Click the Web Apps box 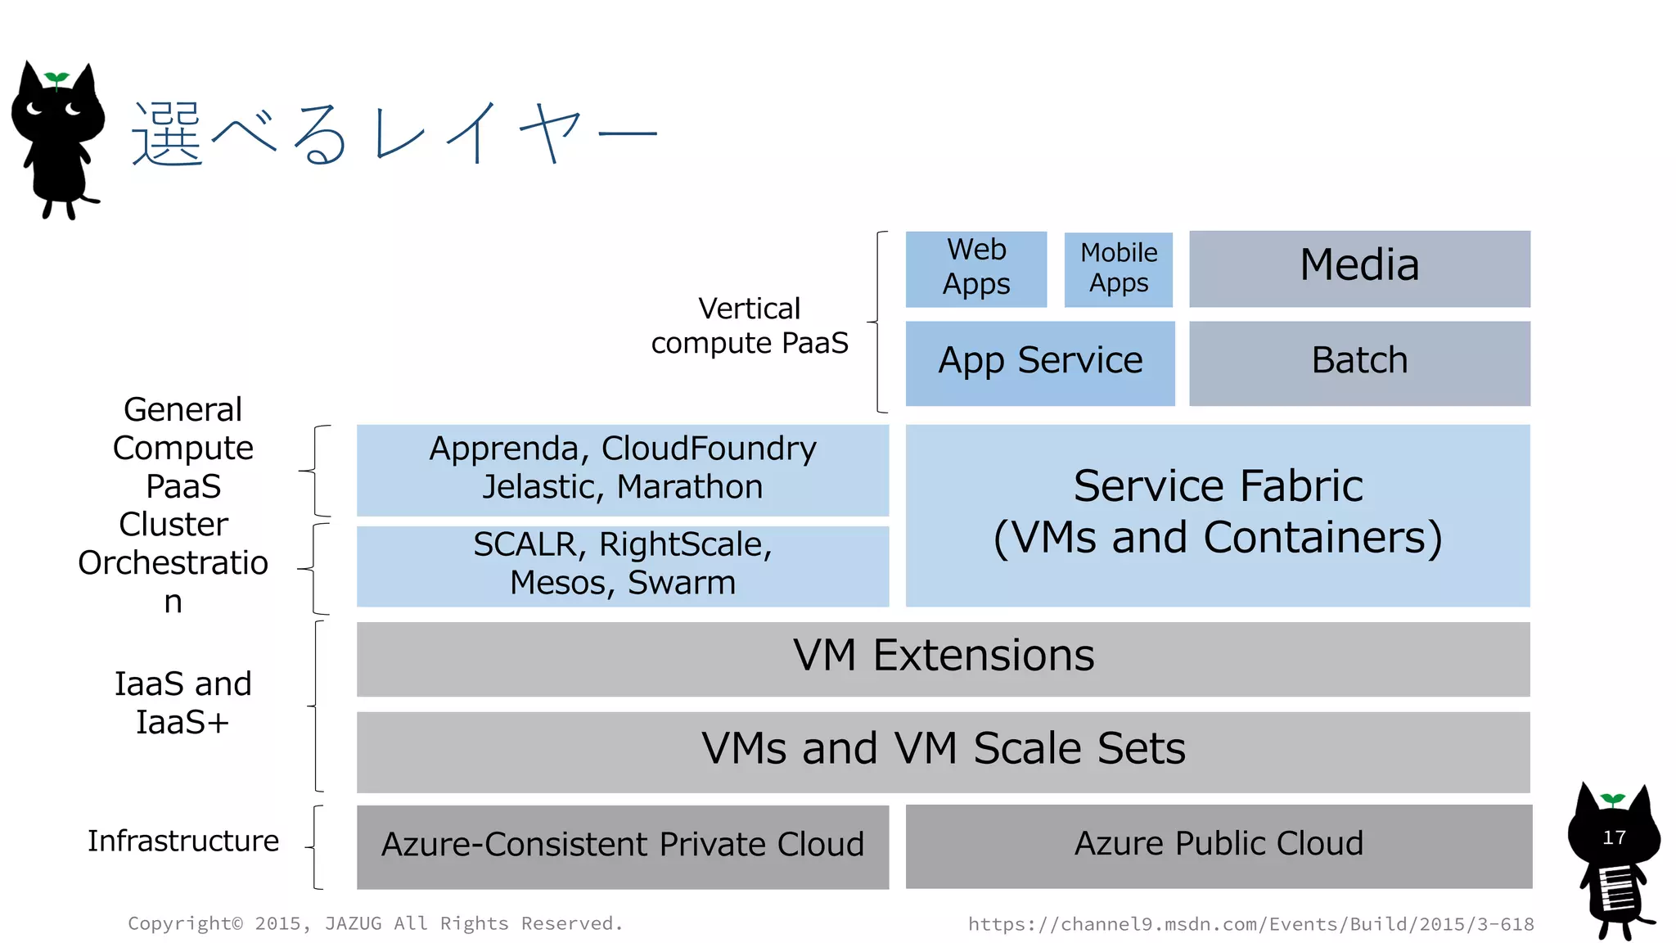[x=975, y=268]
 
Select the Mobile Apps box [x=1118, y=269]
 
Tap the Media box [x=1358, y=268]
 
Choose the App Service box [x=1039, y=362]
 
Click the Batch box [x=1358, y=362]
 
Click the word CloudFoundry [x=709, y=449]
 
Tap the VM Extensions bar [x=943, y=657]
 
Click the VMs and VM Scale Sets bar [x=943, y=750]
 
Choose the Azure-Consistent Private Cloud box [x=622, y=846]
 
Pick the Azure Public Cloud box [x=1218, y=844]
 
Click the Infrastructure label [x=183, y=841]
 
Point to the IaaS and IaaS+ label [x=182, y=703]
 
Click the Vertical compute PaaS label [x=750, y=326]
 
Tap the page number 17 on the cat [x=1614, y=838]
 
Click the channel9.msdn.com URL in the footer [x=1250, y=924]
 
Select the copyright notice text [x=375, y=923]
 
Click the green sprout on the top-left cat [x=56, y=79]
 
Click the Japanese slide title [x=393, y=135]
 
